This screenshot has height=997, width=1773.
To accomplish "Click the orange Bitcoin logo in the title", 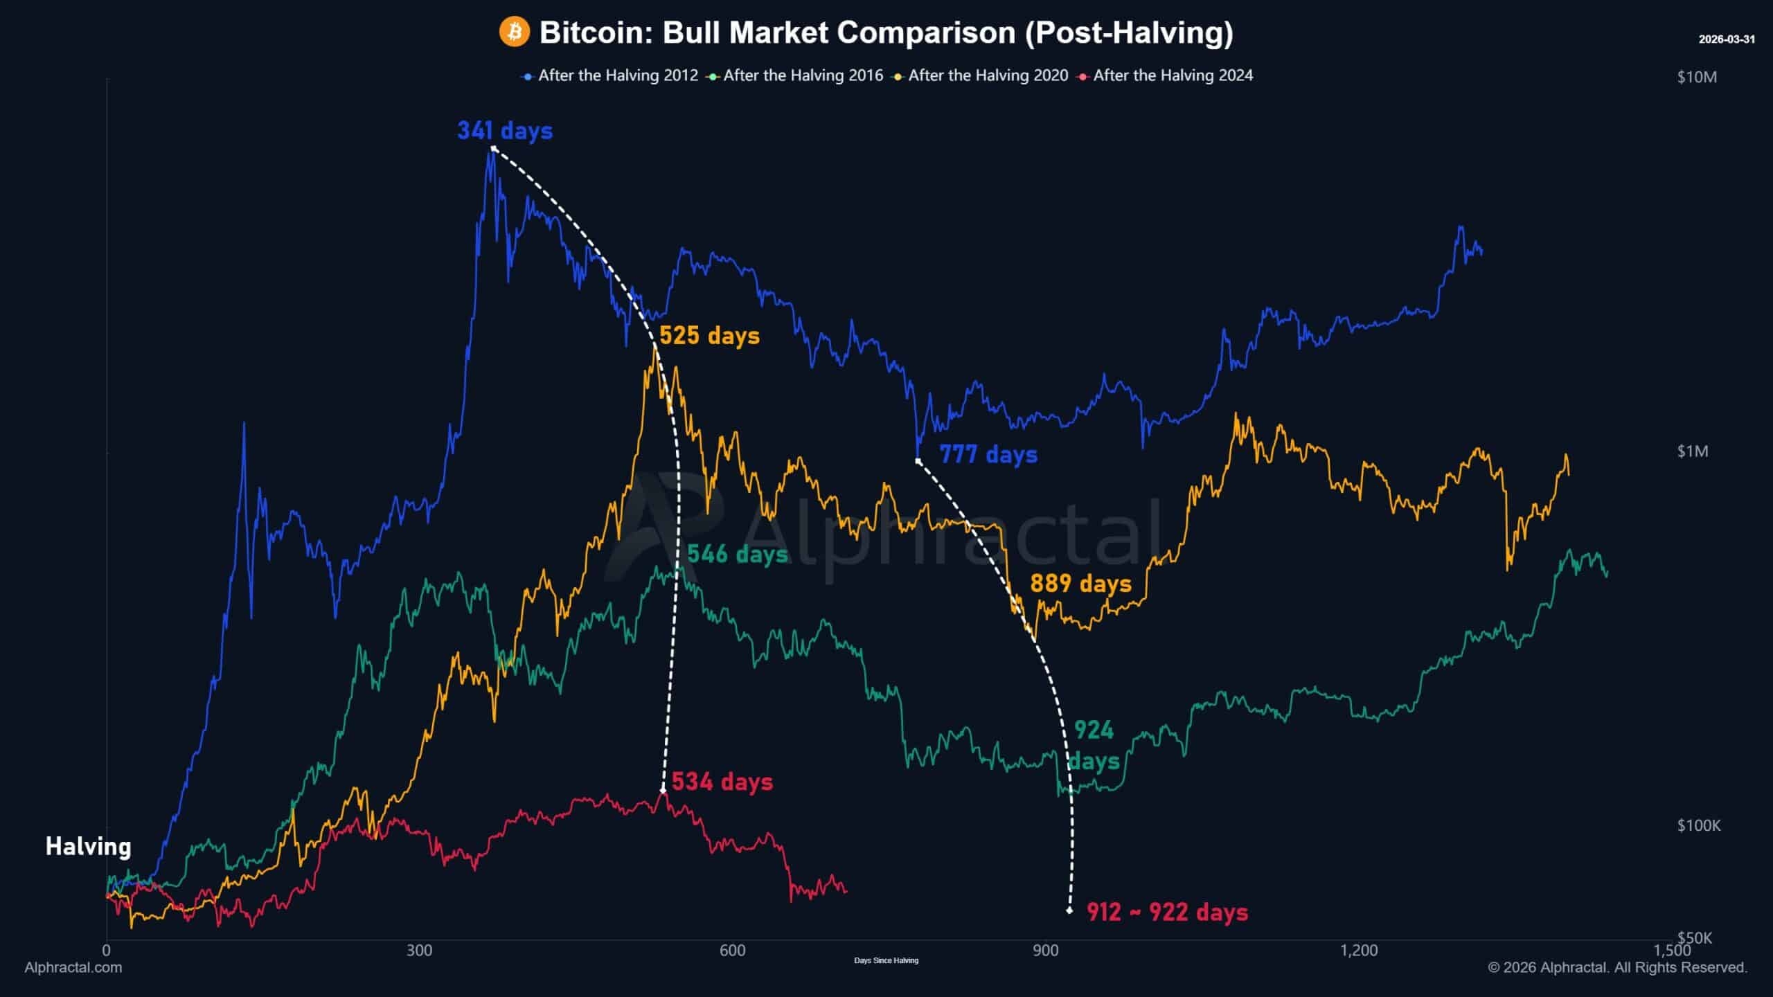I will [515, 33].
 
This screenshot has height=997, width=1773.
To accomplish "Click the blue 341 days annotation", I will [505, 131].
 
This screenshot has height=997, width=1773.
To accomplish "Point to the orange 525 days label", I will [709, 336].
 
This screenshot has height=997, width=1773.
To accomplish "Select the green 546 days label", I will [738, 554].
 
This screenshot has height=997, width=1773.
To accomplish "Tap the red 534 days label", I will [722, 782].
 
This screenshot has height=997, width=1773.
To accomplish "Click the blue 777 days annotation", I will [988, 455].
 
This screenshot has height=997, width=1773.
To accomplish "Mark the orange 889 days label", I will [1080, 584].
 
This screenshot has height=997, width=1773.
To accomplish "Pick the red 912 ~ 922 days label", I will [1167, 913].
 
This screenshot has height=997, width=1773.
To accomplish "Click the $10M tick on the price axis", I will [1697, 77].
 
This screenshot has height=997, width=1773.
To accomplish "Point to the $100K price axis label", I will [1699, 825].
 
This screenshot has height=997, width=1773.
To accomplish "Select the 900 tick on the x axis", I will [1045, 951].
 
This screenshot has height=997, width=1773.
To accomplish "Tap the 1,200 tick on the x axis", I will [1359, 951].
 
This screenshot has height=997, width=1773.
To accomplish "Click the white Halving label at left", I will [88, 846].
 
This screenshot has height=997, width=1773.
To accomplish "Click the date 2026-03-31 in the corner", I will [1727, 39].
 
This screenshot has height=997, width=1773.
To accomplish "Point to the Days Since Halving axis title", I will [886, 960].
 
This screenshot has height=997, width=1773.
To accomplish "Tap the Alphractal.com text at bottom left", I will [73, 967].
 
